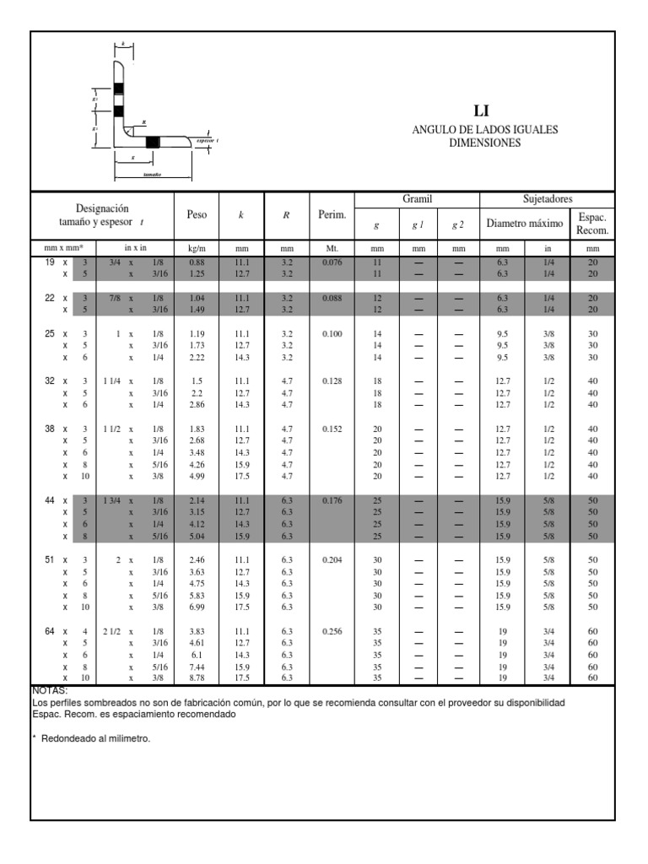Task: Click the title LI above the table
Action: (x=483, y=111)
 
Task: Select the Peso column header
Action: (x=197, y=215)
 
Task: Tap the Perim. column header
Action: (x=332, y=215)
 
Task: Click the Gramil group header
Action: (x=417, y=198)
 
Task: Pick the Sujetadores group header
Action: (x=548, y=198)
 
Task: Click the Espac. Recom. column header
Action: (x=592, y=224)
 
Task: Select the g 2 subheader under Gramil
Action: (x=458, y=224)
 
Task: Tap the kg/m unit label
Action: (x=197, y=249)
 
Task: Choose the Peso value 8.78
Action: (x=197, y=678)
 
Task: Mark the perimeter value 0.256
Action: (x=332, y=631)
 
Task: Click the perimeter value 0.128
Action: (x=332, y=381)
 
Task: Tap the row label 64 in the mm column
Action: (x=50, y=631)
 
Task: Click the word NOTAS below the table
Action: (x=48, y=690)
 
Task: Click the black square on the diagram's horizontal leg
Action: (x=152, y=141)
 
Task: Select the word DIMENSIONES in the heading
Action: (x=484, y=143)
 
